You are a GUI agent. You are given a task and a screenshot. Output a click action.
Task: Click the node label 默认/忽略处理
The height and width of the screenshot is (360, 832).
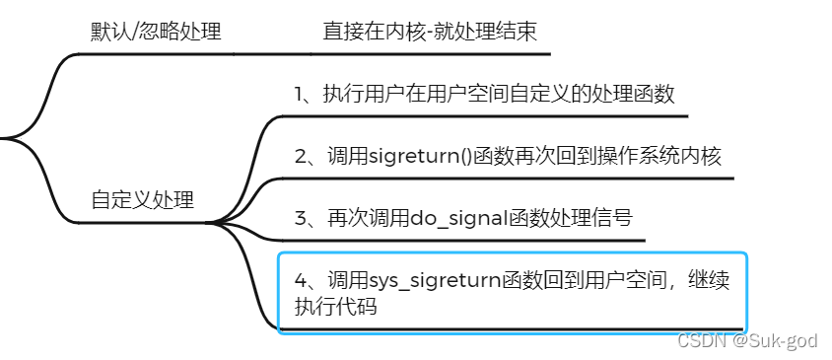click(x=155, y=32)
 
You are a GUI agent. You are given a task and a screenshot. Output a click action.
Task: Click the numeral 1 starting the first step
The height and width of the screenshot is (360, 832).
click(x=300, y=95)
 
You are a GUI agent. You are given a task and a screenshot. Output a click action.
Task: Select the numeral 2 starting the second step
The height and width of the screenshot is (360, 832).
click(x=300, y=156)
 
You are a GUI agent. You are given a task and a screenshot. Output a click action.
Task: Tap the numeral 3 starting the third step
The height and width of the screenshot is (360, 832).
click(x=300, y=218)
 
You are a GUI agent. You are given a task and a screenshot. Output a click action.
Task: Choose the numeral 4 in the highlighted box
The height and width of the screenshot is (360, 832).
click(x=300, y=280)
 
